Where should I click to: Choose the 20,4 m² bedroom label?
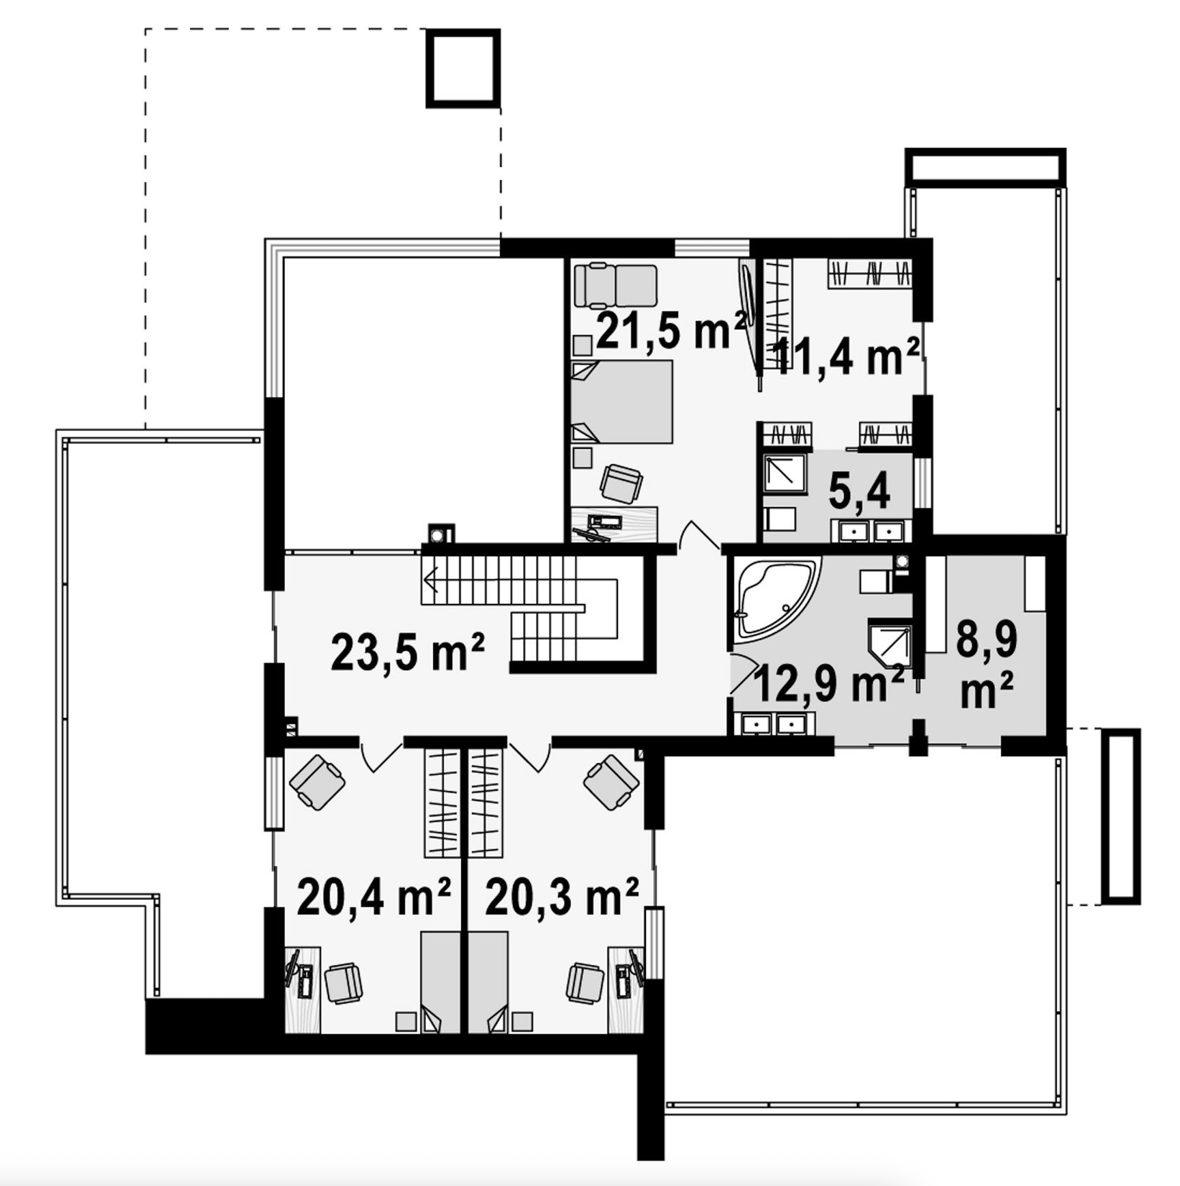[x=374, y=897]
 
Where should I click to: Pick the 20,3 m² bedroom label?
[x=562, y=897]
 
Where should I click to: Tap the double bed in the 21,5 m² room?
[x=621, y=402]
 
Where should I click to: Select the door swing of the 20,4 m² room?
[x=381, y=759]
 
